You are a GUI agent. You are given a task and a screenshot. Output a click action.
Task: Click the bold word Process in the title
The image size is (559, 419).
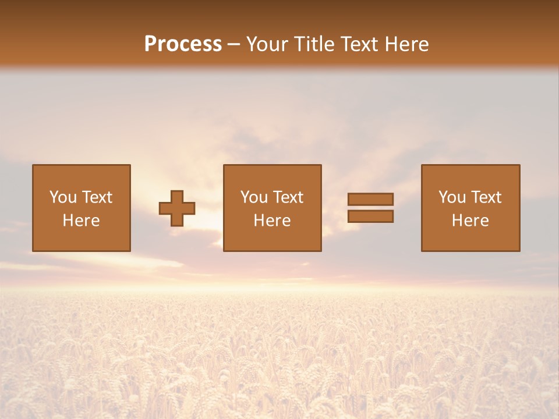click(x=183, y=44)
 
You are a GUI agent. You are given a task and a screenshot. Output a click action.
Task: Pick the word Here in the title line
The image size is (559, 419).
click(x=408, y=44)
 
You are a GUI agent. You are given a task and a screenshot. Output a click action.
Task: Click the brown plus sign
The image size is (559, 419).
click(x=177, y=208)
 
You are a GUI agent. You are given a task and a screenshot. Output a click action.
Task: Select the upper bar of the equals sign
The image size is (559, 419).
click(x=370, y=199)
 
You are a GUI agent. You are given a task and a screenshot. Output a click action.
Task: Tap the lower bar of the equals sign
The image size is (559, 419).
click(x=370, y=216)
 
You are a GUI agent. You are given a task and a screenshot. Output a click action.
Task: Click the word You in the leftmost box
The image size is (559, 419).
click(x=63, y=197)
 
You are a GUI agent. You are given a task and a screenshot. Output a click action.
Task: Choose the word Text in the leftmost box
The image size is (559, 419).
click(x=97, y=197)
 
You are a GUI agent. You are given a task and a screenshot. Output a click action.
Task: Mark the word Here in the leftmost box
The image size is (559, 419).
click(x=81, y=221)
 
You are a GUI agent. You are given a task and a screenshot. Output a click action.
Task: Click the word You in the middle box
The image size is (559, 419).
click(x=254, y=197)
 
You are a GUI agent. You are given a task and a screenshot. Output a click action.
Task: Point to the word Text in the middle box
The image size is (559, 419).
click(x=288, y=197)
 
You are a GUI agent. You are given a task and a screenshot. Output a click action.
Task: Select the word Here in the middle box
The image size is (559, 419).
click(x=272, y=221)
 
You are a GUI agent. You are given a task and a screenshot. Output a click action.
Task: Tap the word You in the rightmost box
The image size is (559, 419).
click(x=452, y=197)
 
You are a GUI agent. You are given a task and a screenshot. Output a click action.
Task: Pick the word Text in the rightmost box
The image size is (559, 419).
click(x=486, y=197)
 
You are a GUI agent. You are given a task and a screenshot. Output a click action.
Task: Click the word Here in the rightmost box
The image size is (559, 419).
click(x=470, y=221)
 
